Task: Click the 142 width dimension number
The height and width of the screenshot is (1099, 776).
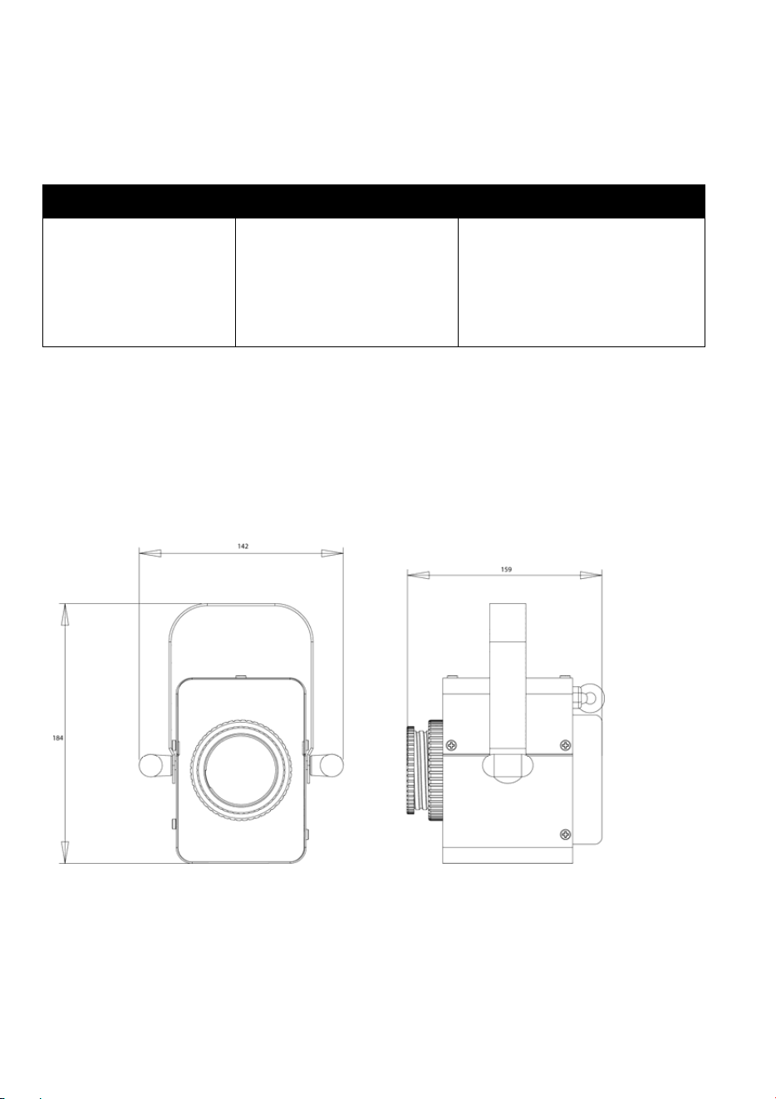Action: coord(243,546)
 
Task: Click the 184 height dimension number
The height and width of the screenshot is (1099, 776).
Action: coord(58,738)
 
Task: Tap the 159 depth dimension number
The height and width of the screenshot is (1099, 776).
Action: coord(506,570)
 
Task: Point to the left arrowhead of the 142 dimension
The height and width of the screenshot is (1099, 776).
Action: coord(150,553)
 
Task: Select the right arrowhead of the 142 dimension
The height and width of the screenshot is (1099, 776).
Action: coord(332,553)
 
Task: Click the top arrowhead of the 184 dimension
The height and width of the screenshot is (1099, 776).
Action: coord(65,614)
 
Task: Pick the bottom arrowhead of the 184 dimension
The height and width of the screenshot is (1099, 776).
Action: coord(65,852)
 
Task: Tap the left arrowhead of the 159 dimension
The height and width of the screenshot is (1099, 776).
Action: coord(418,575)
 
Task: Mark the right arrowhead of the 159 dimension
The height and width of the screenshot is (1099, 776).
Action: coord(591,575)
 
